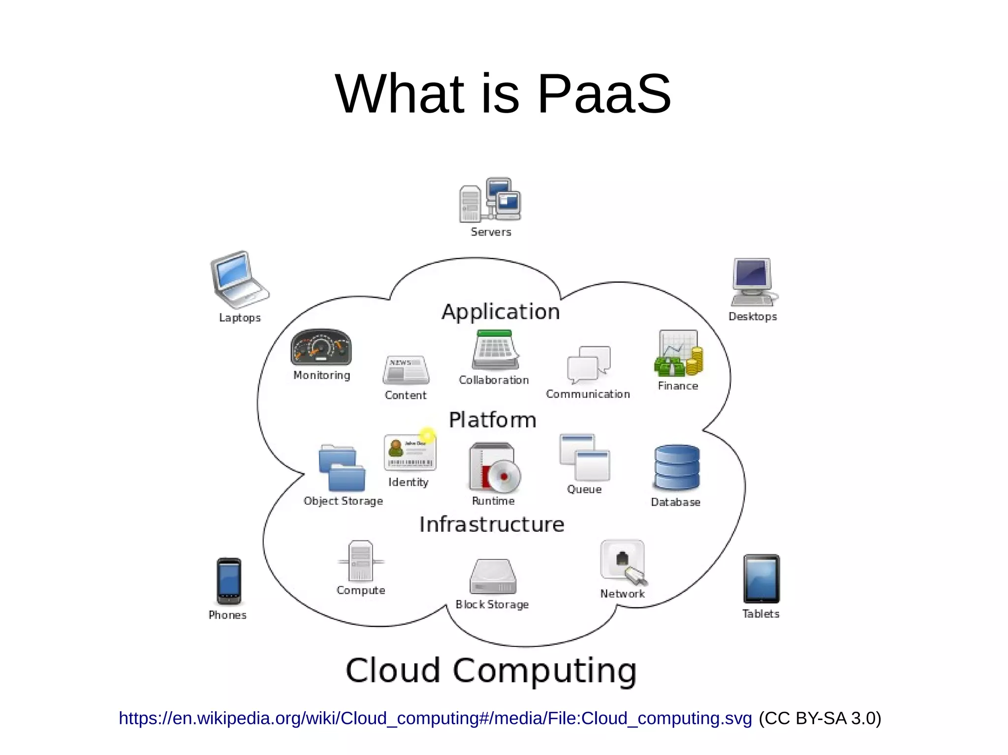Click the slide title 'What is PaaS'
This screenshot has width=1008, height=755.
click(503, 93)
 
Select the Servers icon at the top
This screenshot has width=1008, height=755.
click(490, 201)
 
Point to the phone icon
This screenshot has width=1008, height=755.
click(229, 581)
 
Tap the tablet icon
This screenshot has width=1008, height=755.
click(761, 579)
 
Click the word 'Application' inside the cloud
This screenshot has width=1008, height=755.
click(501, 312)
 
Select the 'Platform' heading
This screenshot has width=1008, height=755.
click(492, 420)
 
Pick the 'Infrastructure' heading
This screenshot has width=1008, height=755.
click(492, 524)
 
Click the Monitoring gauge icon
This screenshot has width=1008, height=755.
click(321, 347)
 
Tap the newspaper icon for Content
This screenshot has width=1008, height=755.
click(406, 370)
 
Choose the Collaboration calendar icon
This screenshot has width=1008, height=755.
click(495, 350)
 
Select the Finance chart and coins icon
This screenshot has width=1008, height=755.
click(678, 353)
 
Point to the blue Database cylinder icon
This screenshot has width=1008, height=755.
click(677, 468)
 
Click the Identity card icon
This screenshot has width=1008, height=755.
click(409, 452)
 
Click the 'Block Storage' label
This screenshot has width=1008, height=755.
click(492, 604)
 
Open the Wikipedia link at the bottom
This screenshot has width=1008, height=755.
click(435, 718)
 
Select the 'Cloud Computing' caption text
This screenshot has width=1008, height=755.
click(491, 670)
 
